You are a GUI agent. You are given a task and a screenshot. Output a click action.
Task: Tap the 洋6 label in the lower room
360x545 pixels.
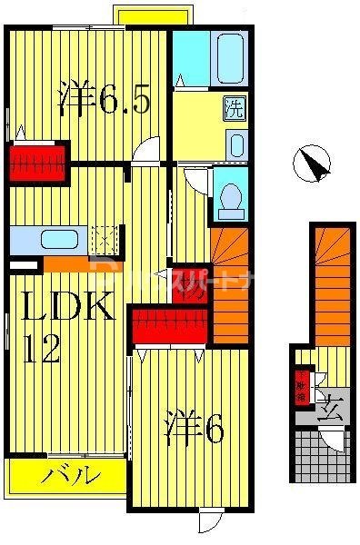pos(195,428)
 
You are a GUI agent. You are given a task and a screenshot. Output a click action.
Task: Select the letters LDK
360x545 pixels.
pos(67,309)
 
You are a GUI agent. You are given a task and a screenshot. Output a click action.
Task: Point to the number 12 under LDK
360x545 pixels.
pos(42,350)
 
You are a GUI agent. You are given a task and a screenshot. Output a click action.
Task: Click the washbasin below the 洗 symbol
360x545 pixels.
pos(235,144)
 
